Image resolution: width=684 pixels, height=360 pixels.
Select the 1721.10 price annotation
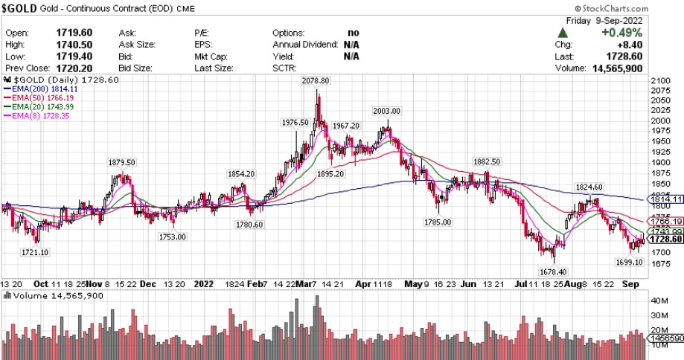[34, 253]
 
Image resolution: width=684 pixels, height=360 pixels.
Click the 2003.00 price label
[387, 111]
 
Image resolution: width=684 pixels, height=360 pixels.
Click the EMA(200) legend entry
[42, 89]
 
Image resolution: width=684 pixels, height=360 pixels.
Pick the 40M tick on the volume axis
[659, 302]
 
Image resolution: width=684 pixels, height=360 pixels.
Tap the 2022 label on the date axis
[203, 284]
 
